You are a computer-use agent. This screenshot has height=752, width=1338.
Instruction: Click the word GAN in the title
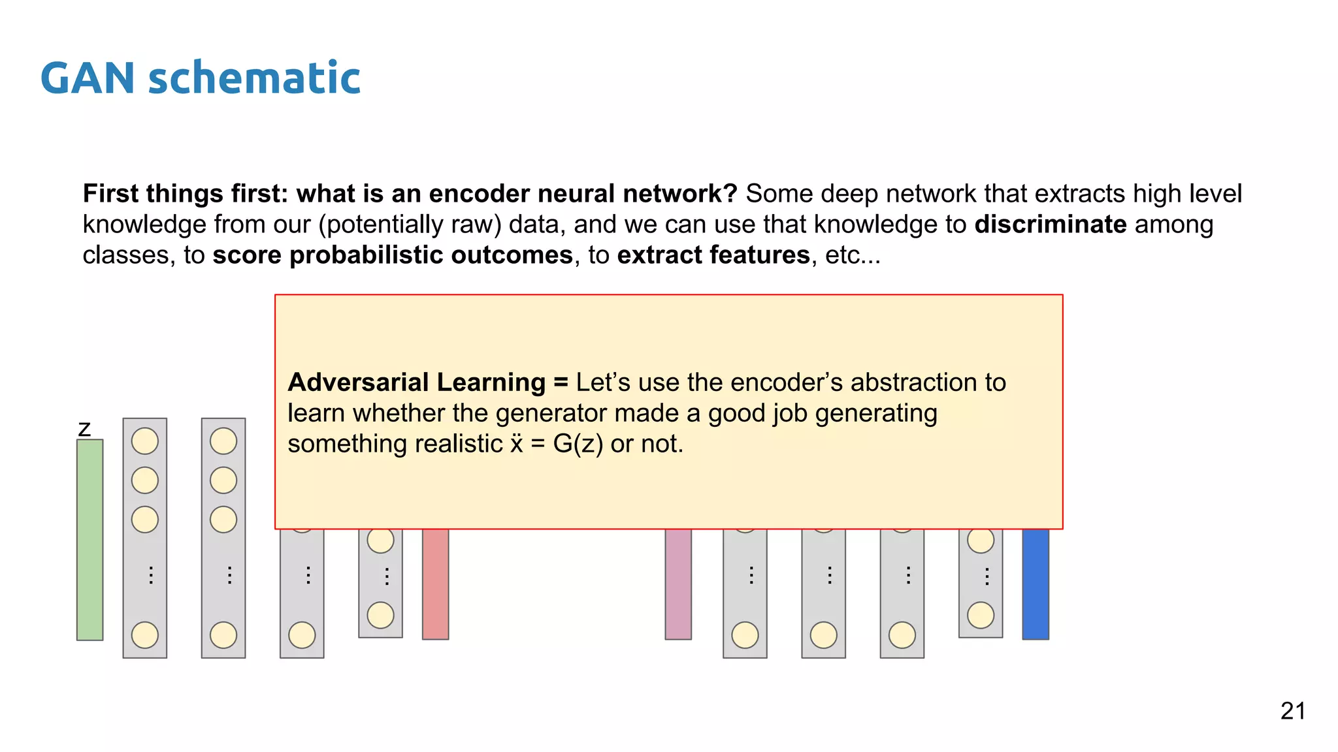(x=88, y=78)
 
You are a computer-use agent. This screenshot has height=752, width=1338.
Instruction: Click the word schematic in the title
(x=254, y=78)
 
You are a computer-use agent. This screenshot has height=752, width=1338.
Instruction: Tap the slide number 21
(x=1293, y=711)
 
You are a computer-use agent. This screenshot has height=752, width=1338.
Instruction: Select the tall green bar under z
(x=90, y=539)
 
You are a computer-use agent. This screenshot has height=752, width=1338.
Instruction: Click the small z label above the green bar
(x=84, y=430)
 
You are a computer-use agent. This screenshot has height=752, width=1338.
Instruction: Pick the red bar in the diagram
(x=436, y=584)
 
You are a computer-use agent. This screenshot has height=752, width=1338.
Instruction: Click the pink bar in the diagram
(x=678, y=584)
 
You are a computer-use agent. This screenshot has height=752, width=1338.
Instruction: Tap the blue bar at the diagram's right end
(x=1036, y=584)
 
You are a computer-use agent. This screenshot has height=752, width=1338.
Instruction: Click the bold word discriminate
(x=1051, y=225)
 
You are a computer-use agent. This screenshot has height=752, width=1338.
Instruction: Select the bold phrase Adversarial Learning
(x=416, y=383)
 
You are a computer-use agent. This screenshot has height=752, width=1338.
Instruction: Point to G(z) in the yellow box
(x=578, y=444)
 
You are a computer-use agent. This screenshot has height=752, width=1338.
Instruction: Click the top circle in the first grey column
(x=145, y=441)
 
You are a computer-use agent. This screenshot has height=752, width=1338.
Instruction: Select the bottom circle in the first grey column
(x=145, y=634)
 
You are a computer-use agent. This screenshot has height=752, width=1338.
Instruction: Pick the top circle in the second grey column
(x=223, y=441)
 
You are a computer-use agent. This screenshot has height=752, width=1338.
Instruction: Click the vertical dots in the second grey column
(x=229, y=575)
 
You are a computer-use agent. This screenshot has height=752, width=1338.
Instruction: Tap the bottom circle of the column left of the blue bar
(x=981, y=615)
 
